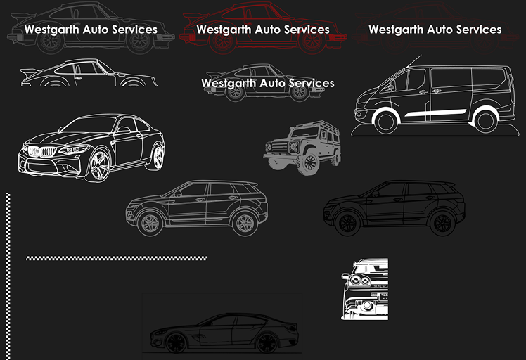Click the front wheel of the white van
pos(385,121)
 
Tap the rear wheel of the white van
pos(485,121)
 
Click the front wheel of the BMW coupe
pos(99,165)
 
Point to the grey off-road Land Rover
pos(302,147)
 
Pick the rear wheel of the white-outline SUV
pos(244,223)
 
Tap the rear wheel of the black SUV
pos(442,224)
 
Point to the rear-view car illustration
pos(364,289)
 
